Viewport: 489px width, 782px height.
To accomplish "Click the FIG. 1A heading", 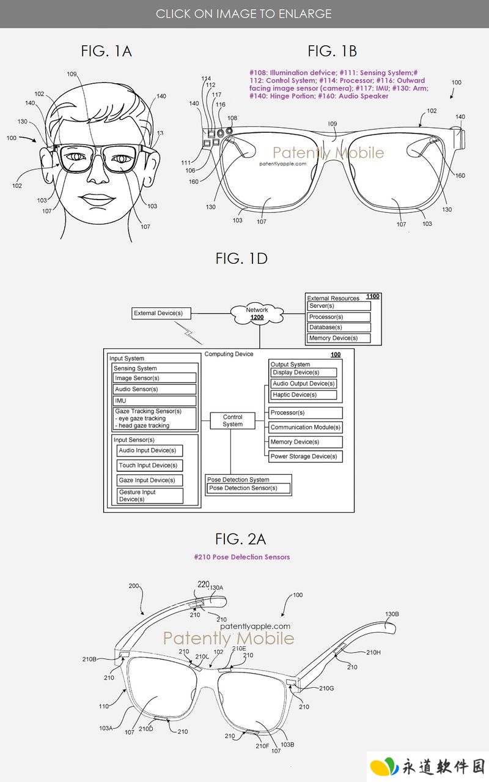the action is click(x=106, y=51).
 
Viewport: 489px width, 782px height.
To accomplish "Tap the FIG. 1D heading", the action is click(x=241, y=259).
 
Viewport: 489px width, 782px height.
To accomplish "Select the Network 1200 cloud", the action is click(x=257, y=313).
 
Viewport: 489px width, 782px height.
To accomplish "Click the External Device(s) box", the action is click(x=161, y=313).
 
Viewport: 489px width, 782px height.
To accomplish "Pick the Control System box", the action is click(x=233, y=420).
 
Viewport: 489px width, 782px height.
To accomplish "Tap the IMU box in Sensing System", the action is click(x=155, y=400).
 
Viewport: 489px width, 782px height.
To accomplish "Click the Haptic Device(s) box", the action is click(x=303, y=395).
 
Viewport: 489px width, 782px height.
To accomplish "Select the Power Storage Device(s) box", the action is click(x=305, y=456).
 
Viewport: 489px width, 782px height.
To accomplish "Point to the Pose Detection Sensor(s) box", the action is click(x=249, y=488).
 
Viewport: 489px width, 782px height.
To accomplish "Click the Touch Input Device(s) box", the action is click(x=150, y=466).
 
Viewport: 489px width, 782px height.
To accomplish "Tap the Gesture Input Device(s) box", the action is click(x=150, y=496).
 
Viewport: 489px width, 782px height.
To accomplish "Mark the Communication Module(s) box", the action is click(x=305, y=427).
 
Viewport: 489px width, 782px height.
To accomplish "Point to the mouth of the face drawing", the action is click(x=97, y=200).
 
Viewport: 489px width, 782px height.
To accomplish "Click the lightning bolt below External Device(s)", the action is click(x=188, y=333).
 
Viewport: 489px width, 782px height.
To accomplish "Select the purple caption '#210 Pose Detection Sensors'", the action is click(x=241, y=557).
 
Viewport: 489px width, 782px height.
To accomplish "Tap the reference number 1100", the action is click(x=372, y=296).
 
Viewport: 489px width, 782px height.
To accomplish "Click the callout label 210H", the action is click(x=373, y=652).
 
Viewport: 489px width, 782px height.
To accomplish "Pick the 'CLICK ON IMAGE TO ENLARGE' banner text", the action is click(x=243, y=13).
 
